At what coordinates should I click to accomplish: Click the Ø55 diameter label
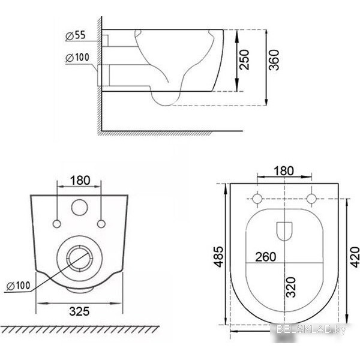pos(76,35)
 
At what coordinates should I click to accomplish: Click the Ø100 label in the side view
pos(77,58)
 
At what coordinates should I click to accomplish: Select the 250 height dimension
pos(244,59)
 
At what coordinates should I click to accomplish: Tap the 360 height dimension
pos(274,60)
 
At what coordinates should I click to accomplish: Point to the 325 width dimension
pos(79,311)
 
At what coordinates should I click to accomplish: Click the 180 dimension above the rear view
pos(80,180)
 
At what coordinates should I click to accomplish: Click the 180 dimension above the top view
pos(284,171)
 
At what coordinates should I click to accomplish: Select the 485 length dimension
pos(218,257)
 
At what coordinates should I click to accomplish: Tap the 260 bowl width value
pos(266,257)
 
